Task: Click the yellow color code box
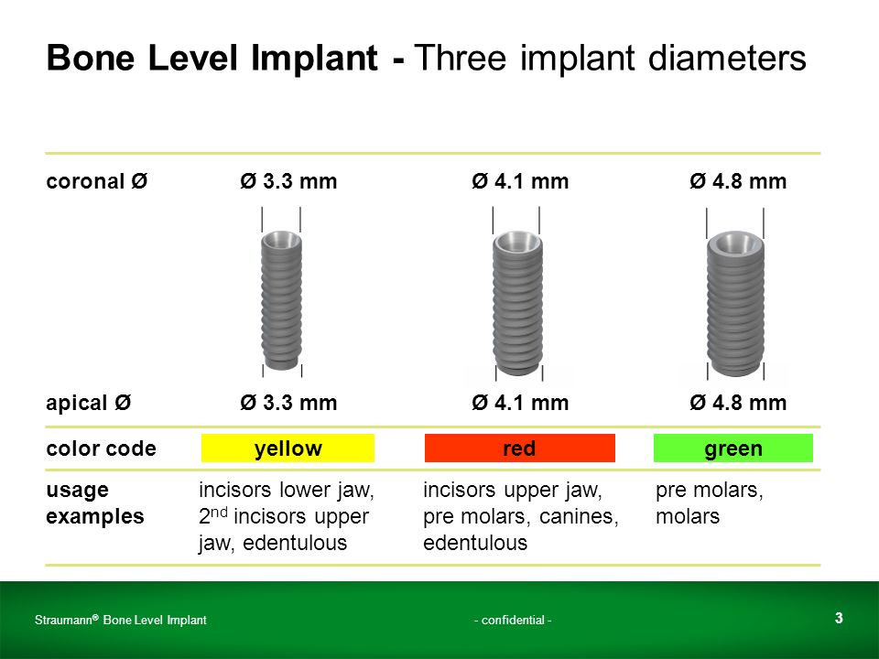pyautogui.click(x=288, y=448)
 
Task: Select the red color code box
pyautogui.click(x=520, y=448)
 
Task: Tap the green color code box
pyautogui.click(x=732, y=448)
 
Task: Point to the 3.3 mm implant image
pyautogui.click(x=281, y=300)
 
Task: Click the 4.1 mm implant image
pyautogui.click(x=517, y=303)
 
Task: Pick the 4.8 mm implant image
pyautogui.click(x=735, y=303)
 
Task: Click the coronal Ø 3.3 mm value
pyautogui.click(x=288, y=181)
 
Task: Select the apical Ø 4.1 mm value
pyautogui.click(x=520, y=403)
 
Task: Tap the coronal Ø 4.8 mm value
pyautogui.click(x=738, y=181)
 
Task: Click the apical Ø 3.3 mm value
pyautogui.click(x=288, y=403)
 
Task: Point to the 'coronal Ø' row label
pyautogui.click(x=96, y=181)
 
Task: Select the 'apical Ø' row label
pyautogui.click(x=89, y=403)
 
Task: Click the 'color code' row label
pyautogui.click(x=101, y=448)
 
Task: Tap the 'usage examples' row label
pyautogui.click(x=94, y=502)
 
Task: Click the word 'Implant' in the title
pyautogui.click(x=314, y=59)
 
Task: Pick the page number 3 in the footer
pyautogui.click(x=839, y=618)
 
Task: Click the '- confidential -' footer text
pyautogui.click(x=513, y=620)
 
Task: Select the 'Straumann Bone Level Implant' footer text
pyautogui.click(x=121, y=620)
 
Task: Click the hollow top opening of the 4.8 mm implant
pyautogui.click(x=735, y=242)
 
